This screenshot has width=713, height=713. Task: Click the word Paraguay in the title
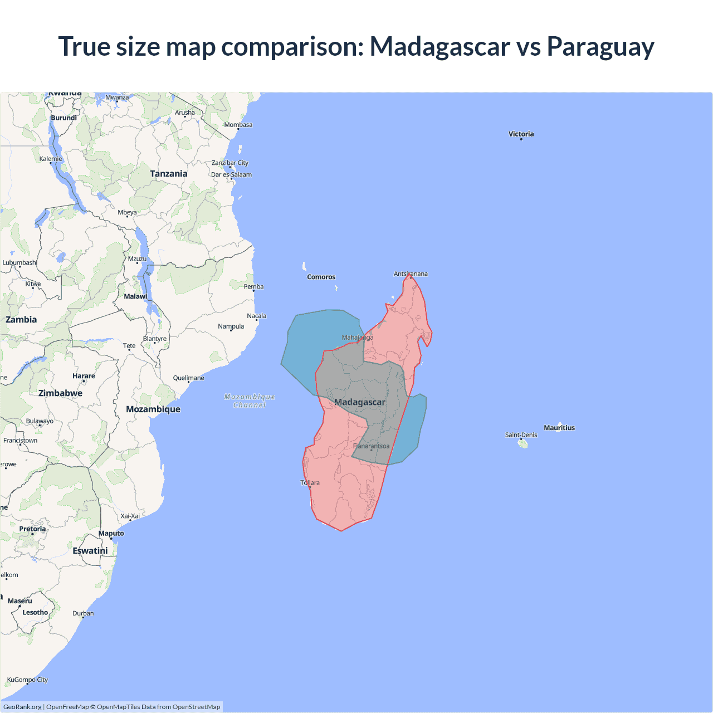pos(600,46)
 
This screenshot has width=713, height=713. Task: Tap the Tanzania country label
pos(168,174)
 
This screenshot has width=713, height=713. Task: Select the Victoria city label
pos(521,134)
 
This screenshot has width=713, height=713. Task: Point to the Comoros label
pos(321,277)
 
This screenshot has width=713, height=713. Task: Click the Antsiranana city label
pos(411,274)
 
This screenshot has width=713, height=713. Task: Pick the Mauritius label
pos(559,428)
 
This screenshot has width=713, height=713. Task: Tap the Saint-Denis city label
pos(521,435)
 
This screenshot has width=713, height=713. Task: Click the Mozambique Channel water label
pos(250,401)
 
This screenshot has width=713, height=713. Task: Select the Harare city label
pos(84,376)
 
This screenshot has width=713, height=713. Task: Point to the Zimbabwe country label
pos(60,393)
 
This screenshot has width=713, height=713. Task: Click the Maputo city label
pos(111,534)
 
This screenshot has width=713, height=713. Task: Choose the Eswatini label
pos(90,551)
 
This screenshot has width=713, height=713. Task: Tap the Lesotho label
pos(35,613)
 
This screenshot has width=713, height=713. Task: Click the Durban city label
pos(83,614)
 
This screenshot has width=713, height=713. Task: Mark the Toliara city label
pos(310,483)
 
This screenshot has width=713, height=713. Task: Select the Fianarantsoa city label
pos(372,446)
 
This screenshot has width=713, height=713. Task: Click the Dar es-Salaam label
pos(231,175)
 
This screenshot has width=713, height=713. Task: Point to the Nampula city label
pos(231,326)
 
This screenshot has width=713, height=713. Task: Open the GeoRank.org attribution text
pos(22,707)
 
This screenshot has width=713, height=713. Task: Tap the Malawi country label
pos(135,296)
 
